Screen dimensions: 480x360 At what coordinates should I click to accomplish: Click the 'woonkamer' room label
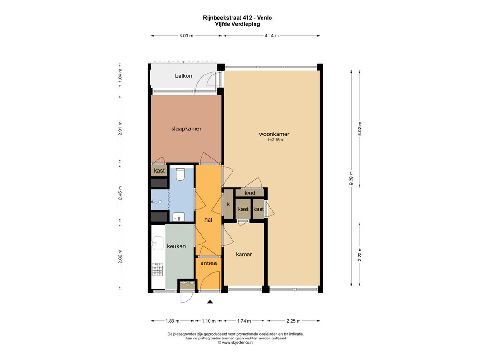click(274, 134)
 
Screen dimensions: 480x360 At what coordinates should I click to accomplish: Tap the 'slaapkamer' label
click(186, 129)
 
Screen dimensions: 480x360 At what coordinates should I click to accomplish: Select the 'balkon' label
click(184, 76)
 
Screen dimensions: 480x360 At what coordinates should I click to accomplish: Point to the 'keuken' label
click(176, 246)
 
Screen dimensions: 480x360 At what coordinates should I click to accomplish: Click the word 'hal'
click(208, 220)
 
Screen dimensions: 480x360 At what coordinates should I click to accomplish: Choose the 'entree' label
click(209, 263)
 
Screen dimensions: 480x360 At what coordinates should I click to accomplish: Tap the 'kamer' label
click(244, 255)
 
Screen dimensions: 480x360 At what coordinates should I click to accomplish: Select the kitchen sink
click(158, 243)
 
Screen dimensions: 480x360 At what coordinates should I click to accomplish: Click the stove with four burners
click(157, 270)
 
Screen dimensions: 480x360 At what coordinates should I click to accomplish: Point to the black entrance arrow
click(210, 302)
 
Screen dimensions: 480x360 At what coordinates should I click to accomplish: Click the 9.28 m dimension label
click(352, 178)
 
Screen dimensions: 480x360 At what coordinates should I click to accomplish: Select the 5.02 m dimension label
click(360, 129)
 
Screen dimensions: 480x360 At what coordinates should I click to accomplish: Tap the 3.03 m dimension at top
click(186, 36)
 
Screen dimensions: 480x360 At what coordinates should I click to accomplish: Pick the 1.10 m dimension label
click(209, 321)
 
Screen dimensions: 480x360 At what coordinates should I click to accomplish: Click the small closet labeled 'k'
click(228, 204)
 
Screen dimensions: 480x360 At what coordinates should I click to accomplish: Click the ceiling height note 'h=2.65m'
click(275, 140)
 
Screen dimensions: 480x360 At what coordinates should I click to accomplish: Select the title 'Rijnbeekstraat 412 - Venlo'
click(238, 18)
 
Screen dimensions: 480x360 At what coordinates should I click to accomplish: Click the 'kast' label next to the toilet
click(159, 171)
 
